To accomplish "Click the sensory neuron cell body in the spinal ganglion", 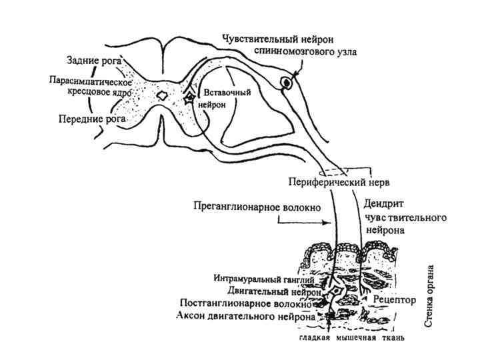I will click(287, 83).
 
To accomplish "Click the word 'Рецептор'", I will click(395, 300).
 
